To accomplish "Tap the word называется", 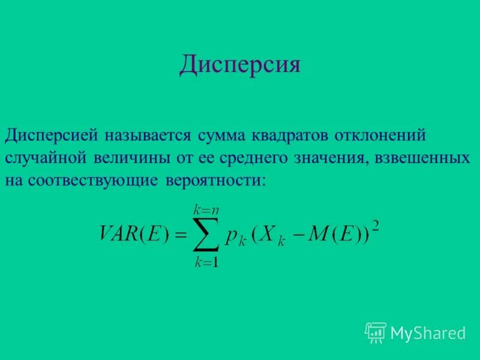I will [x=147, y=135].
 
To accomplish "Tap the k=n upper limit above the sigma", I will [x=205, y=209].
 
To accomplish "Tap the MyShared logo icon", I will [x=375, y=332].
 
